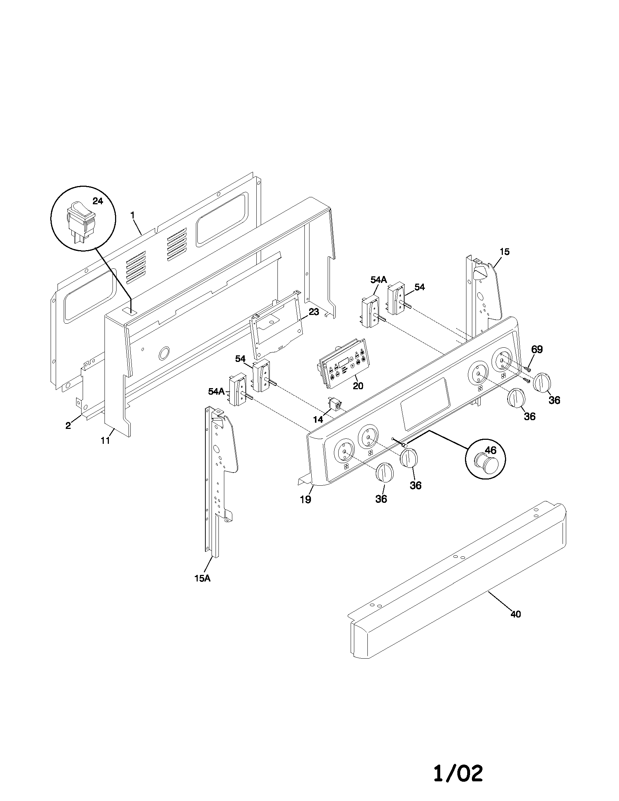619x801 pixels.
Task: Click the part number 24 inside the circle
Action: point(98,201)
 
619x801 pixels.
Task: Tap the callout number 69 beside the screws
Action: point(537,349)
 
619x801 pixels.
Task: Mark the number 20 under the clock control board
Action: point(358,386)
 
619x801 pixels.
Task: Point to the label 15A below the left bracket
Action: point(202,579)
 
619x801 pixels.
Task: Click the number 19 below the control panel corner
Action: point(305,499)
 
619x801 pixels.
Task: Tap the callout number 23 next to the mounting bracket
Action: point(314,312)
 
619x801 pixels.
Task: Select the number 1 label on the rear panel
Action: point(133,216)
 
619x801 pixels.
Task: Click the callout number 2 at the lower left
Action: point(68,426)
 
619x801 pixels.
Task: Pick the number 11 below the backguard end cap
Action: point(106,441)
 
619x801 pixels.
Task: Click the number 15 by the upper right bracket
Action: point(504,252)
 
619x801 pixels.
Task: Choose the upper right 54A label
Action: point(378,280)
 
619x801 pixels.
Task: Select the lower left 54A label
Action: point(216,391)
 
